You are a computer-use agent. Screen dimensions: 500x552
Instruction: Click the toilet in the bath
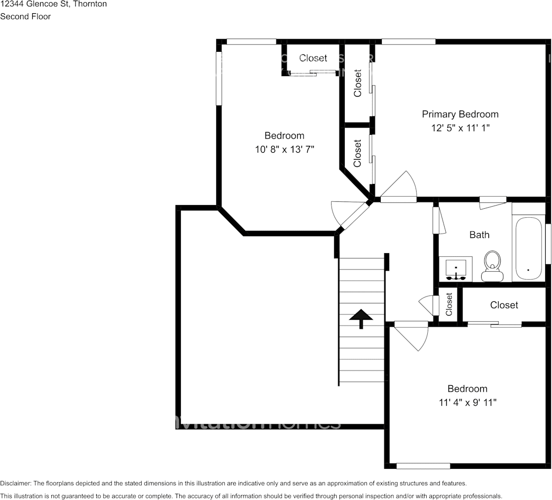492,266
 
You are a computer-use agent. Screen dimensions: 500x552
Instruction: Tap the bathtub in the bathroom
528,248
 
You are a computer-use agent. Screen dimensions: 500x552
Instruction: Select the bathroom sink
455,269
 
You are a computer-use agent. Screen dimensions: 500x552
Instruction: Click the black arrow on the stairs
361,318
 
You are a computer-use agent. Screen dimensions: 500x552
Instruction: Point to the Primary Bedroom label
459,114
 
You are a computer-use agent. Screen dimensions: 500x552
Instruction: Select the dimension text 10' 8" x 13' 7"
284,150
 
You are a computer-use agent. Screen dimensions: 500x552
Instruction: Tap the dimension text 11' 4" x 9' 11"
467,403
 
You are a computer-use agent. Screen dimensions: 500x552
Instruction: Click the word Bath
479,235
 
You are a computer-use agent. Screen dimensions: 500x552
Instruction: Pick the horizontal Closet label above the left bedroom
313,58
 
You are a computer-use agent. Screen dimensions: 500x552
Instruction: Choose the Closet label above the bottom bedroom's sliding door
504,305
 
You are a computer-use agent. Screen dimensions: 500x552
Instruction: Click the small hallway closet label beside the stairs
449,304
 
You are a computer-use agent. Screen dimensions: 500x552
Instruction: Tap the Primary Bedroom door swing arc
399,185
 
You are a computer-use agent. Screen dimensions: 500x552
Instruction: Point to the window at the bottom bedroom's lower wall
423,466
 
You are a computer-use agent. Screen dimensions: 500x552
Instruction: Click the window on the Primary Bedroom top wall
408,41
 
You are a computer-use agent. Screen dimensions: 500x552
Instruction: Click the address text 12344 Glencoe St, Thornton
53,4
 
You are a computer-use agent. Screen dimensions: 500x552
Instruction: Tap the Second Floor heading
25,16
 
